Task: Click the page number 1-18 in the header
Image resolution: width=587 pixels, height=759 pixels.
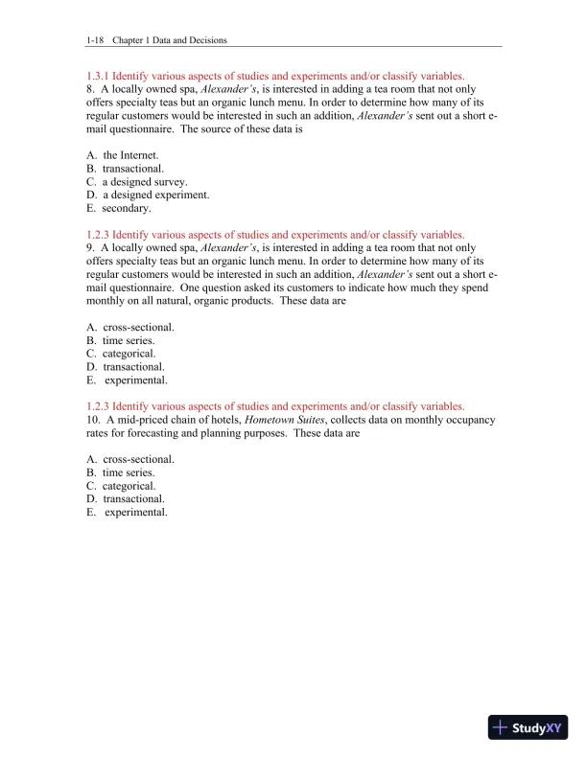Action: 94,40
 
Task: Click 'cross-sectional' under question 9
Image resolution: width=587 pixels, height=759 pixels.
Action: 138,327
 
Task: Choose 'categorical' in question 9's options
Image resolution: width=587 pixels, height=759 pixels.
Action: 129,354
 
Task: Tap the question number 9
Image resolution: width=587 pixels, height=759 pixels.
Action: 89,247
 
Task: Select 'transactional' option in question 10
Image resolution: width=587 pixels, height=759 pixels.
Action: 133,499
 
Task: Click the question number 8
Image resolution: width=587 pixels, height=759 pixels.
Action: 89,88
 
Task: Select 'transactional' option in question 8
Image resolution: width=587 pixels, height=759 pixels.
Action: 133,168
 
